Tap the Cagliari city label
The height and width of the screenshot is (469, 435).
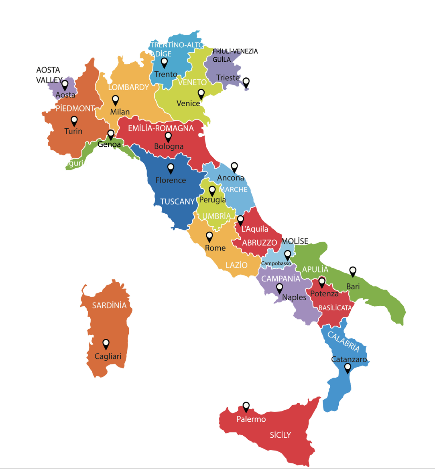coord(108,356)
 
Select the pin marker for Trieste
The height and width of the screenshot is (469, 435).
coord(246,82)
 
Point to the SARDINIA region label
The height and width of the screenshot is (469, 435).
coord(109,305)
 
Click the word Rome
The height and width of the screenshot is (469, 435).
coord(215,248)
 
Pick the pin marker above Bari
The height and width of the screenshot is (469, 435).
coord(353,271)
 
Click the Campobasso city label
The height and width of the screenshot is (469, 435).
coord(276,263)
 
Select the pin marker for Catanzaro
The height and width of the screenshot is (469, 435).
coord(348,368)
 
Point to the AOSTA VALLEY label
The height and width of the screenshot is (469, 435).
coord(48,75)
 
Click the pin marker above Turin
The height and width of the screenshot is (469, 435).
coord(74,121)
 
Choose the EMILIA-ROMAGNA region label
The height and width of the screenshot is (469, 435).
coord(161,129)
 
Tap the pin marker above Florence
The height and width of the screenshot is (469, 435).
coord(171,168)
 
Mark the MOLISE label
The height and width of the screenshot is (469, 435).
coord(295,241)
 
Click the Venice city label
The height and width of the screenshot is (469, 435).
coord(188,103)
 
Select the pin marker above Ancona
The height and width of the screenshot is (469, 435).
coord(234,167)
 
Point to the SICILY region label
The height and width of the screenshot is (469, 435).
coord(280,435)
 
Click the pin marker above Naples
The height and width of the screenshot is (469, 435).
coord(279,288)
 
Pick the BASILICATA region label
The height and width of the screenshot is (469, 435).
coord(335,308)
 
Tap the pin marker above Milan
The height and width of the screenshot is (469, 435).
coord(116,100)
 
